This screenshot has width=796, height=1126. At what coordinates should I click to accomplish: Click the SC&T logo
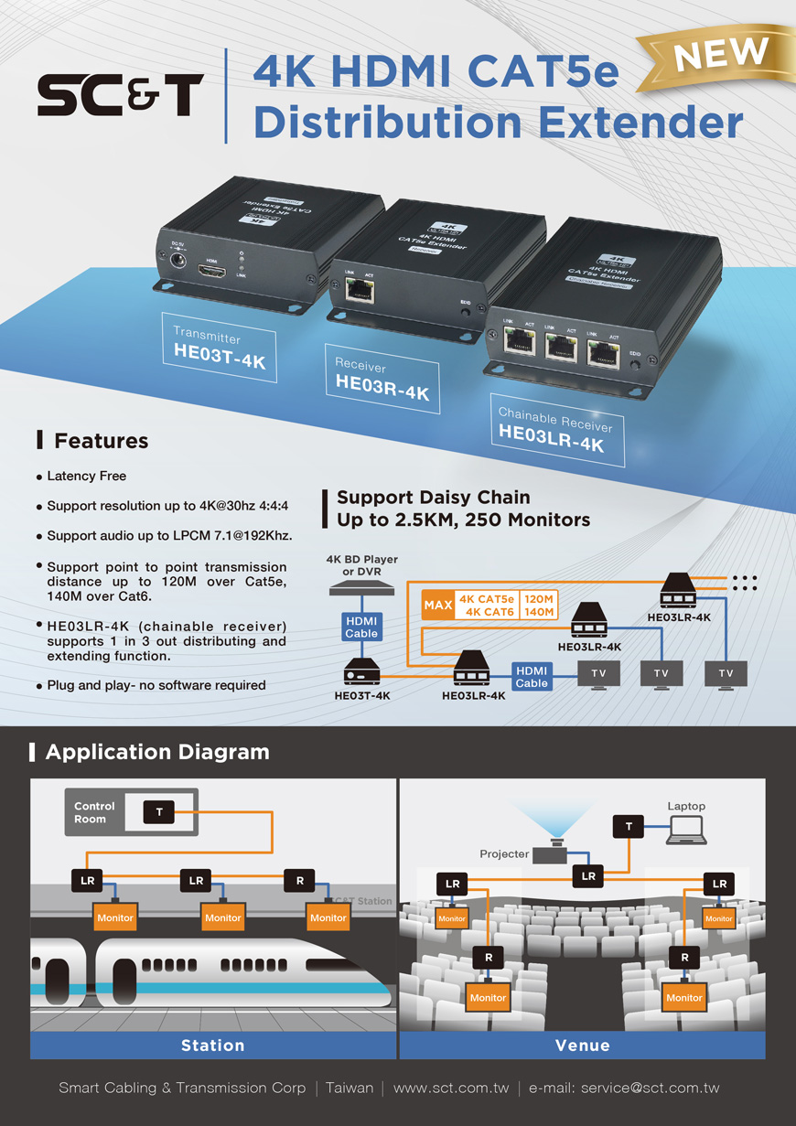point(120,95)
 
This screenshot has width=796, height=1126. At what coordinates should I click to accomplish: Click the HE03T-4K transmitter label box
point(219,349)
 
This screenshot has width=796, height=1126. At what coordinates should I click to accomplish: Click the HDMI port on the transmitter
point(212,271)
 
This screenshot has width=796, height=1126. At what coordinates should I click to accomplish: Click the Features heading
point(101,441)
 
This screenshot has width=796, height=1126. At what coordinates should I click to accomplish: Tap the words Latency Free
point(87,476)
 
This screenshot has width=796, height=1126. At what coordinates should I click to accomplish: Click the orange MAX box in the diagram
point(438,606)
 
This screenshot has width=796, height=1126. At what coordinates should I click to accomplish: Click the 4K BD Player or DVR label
point(362,565)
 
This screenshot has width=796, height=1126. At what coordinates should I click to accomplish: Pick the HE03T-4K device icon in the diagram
point(361,673)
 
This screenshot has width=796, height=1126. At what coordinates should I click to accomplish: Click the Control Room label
point(95,812)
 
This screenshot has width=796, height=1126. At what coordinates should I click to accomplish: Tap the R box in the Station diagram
point(300,881)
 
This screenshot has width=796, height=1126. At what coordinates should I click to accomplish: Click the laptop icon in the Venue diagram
point(686,830)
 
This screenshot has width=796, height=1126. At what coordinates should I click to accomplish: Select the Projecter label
point(504,854)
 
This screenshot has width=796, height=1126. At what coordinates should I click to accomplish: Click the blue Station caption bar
point(213,1045)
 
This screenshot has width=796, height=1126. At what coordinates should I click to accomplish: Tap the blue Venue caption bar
point(582,1045)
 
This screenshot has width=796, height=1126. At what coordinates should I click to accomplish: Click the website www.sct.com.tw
point(450,1088)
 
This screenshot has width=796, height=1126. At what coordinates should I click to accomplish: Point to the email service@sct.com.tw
point(650,1088)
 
